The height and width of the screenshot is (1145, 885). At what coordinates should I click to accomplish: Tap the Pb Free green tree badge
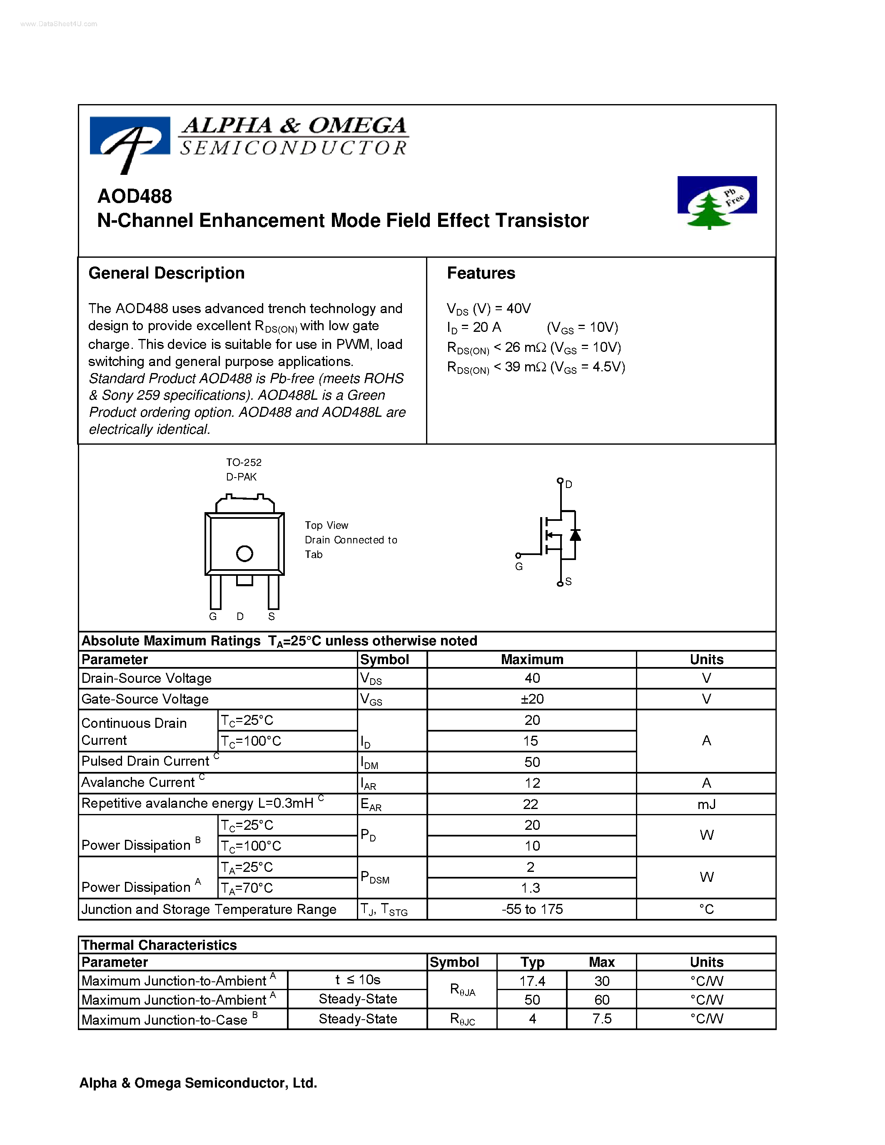tap(716, 202)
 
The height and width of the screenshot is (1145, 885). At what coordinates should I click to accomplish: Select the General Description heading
tap(166, 273)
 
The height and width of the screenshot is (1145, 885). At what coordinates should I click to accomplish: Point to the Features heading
tap(481, 273)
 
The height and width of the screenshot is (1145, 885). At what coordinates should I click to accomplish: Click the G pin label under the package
tap(213, 617)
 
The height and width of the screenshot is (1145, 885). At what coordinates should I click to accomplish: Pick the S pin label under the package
tap(272, 617)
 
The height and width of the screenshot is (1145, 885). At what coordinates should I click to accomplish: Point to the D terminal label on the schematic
tap(569, 484)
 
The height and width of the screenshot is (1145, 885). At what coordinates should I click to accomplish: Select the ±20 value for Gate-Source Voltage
tap(532, 699)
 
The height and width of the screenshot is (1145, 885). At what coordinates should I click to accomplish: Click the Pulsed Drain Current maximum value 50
tap(532, 762)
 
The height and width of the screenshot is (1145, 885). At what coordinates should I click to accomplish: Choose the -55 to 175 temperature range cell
tap(532, 909)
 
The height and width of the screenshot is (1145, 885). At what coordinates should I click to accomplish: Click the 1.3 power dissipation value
tap(531, 888)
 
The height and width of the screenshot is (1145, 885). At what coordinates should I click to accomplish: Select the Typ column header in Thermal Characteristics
tap(532, 962)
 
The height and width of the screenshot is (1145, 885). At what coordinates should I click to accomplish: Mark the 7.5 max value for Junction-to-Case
tap(601, 1019)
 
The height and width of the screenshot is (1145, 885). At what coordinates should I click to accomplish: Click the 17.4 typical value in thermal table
tap(532, 981)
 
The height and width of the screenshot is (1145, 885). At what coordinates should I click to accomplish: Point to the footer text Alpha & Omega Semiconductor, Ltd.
tap(198, 1083)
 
